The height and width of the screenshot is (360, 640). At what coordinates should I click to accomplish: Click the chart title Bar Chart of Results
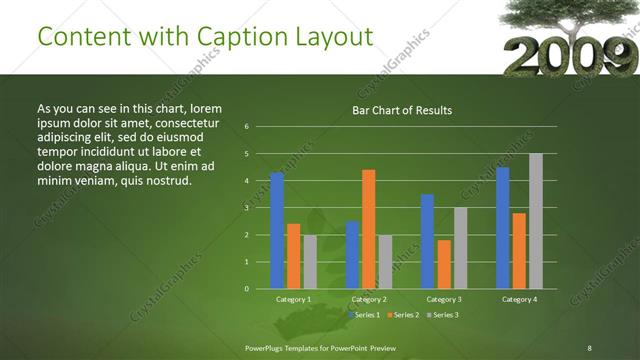point(402,110)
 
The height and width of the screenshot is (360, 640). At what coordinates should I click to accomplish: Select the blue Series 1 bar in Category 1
point(277,230)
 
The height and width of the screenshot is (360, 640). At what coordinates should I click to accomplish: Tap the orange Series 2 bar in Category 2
point(369,229)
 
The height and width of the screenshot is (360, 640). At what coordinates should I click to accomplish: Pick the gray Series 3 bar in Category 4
point(536,221)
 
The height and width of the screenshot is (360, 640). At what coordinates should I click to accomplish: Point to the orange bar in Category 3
point(444,264)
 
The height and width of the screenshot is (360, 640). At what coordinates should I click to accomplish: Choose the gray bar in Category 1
point(310,261)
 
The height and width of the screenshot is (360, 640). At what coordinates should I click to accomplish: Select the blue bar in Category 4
point(503,228)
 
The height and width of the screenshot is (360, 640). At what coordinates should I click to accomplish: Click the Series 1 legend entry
point(366,315)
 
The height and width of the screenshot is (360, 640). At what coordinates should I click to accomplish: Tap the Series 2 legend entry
point(404,315)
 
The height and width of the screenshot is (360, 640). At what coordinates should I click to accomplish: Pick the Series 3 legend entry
point(442,315)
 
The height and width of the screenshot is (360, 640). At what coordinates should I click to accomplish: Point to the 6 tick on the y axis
point(246,127)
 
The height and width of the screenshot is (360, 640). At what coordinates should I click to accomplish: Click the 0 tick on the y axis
point(246,289)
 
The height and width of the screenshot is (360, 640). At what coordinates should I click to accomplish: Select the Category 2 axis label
point(369,299)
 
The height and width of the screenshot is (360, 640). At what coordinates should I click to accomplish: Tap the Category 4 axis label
point(519,299)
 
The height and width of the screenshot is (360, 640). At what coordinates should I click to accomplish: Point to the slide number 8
point(589,347)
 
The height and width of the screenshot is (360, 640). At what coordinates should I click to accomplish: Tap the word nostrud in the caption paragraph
point(164,180)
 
